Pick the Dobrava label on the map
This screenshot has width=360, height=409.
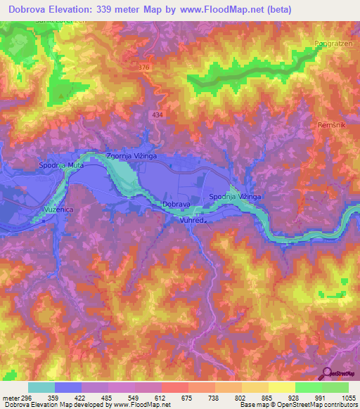coord(176,204)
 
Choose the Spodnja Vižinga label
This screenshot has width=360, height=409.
coord(236,197)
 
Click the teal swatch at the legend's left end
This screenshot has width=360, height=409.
coord(41,387)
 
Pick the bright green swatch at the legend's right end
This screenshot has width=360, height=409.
coord(335,387)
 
